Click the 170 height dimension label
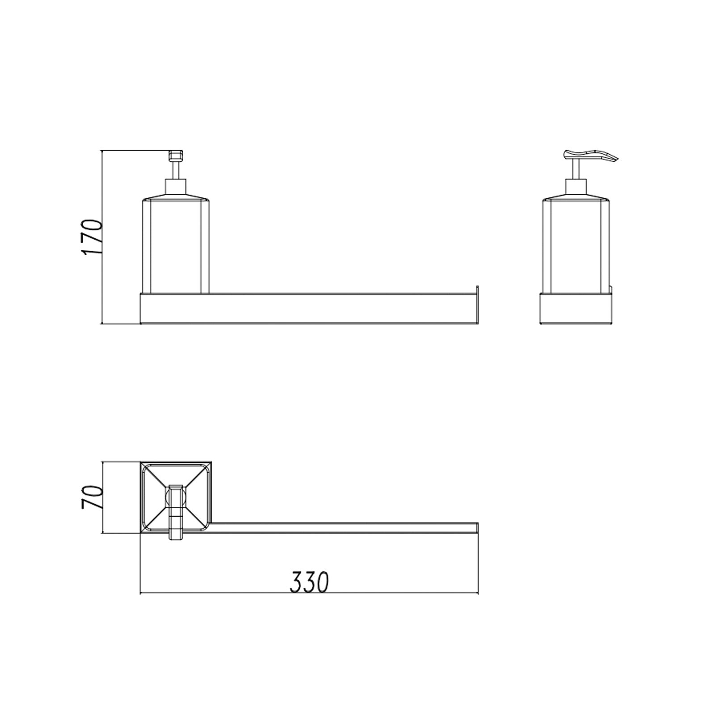[x=93, y=237]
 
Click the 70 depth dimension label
[x=93, y=498]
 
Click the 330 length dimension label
[x=309, y=581]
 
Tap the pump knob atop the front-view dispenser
[x=175, y=156]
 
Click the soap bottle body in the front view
[x=175, y=246]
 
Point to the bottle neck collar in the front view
[x=175, y=186]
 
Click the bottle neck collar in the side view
[x=576, y=186]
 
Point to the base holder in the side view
[x=576, y=308]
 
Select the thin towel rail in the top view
[x=344, y=528]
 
